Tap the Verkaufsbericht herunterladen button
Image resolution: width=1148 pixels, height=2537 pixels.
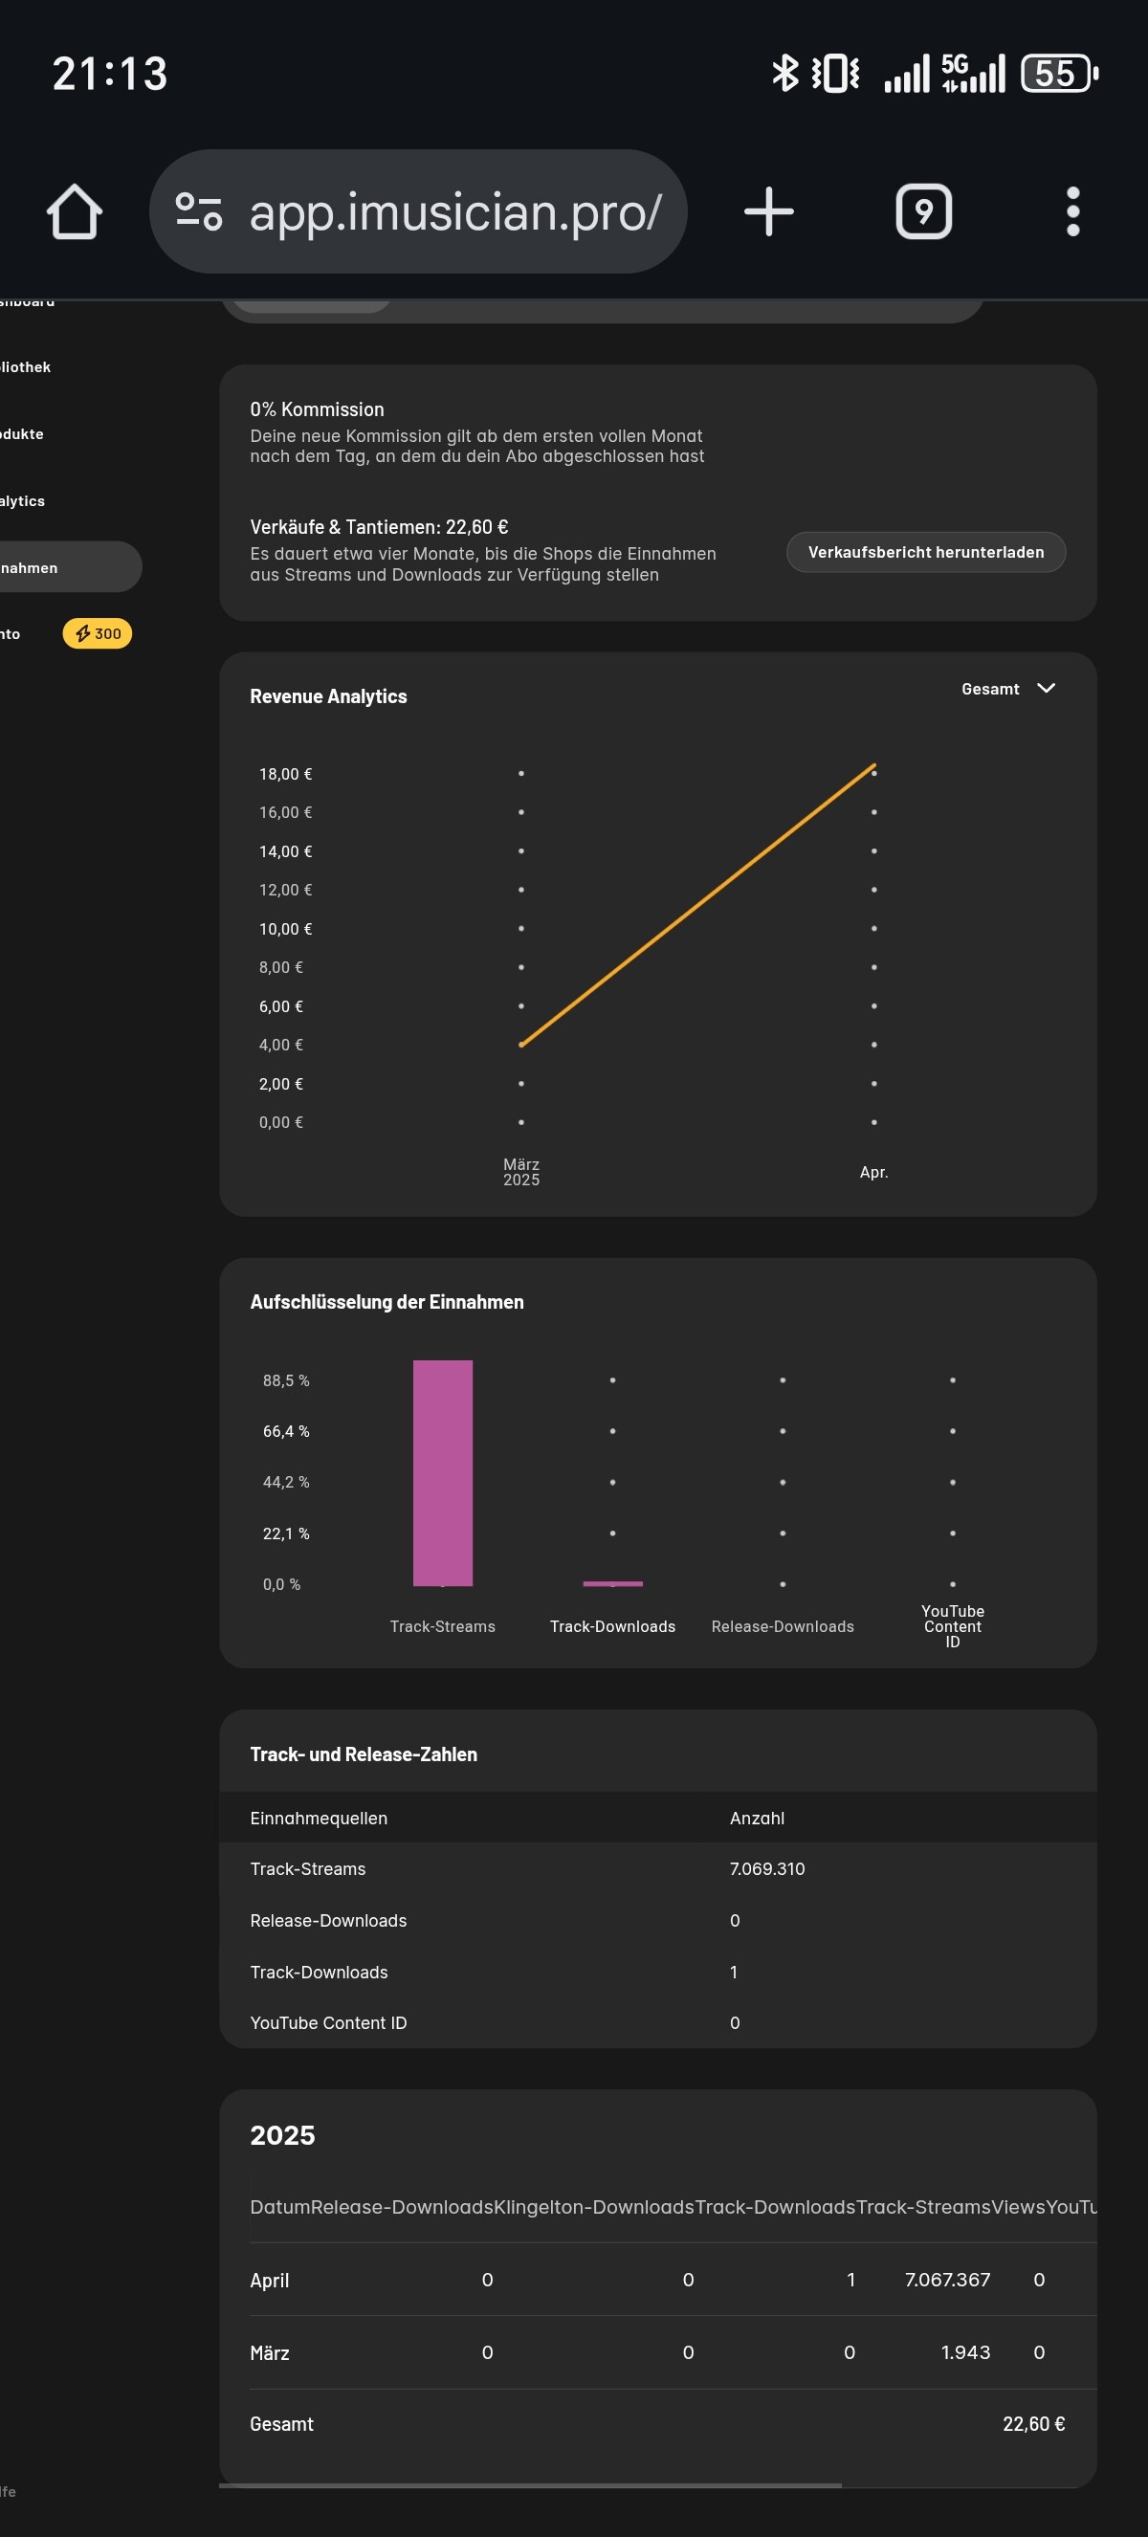pos(925,553)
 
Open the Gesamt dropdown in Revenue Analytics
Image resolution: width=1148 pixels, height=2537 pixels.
pos(1007,689)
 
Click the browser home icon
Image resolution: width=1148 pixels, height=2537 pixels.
pos(75,211)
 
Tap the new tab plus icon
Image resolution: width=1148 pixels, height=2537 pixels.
pos(768,211)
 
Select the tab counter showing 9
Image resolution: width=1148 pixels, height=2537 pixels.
pos(922,211)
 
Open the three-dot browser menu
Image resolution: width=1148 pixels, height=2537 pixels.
pos(1072,211)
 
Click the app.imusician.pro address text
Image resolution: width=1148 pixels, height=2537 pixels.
pos(454,211)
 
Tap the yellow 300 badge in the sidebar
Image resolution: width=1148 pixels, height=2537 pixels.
pos(98,634)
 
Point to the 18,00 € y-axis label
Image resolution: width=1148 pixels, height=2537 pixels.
pos(285,774)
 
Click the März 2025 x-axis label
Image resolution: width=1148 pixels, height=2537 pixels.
pos(520,1172)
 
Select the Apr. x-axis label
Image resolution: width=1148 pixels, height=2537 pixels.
pos(873,1172)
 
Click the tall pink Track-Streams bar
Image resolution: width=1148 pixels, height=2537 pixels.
pos(442,1472)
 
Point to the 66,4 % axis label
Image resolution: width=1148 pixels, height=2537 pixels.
pos(285,1431)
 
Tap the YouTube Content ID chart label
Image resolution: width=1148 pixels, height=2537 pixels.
pos(952,1626)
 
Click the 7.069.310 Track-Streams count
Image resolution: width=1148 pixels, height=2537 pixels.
pos(767,1869)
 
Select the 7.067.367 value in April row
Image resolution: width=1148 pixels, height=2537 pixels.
pos(947,2280)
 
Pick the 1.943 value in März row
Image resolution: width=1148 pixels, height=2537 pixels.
pos(965,2352)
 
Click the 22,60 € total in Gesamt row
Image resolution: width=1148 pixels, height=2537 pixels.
pos(1033,2425)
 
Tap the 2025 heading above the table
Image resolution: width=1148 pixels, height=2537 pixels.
pos(282,2135)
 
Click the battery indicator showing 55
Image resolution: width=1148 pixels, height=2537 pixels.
pos(1058,74)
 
